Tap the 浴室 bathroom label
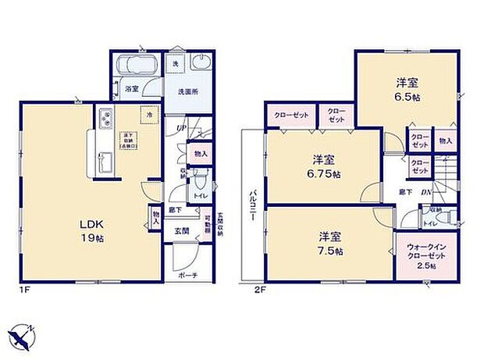coord(132,90)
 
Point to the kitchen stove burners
coord(105,119)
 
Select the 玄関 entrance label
coord(181,231)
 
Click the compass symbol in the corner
coord(24,335)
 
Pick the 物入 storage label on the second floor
coord(445,141)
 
